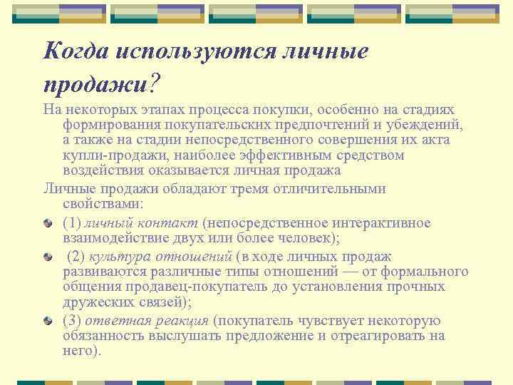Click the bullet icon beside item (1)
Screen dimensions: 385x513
tap(47, 224)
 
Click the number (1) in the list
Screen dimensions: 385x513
tap(71, 223)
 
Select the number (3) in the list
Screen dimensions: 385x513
tap(71, 320)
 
